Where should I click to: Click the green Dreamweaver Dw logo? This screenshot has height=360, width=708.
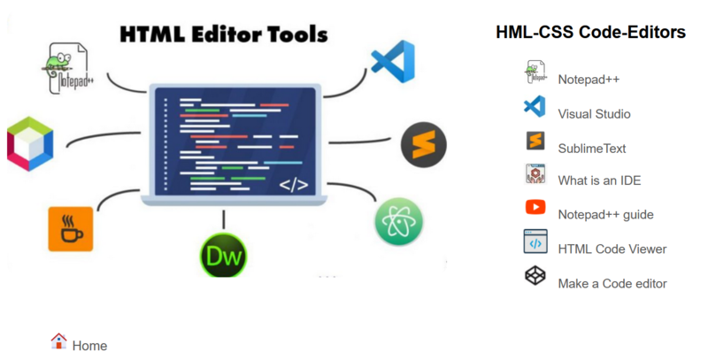[224, 256]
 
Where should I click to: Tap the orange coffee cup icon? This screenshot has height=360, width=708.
[71, 229]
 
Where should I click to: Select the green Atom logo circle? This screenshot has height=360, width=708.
[399, 221]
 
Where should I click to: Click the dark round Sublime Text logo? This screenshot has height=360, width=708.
[424, 144]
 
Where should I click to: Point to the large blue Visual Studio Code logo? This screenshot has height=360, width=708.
[393, 61]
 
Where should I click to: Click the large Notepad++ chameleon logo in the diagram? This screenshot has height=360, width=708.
[69, 68]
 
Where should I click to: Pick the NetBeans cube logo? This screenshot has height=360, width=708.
[30, 144]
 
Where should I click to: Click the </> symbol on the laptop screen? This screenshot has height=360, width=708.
[294, 185]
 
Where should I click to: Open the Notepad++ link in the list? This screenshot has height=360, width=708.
[589, 80]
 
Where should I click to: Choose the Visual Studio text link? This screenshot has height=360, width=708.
[594, 114]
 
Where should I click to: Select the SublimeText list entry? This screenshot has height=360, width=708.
[592, 149]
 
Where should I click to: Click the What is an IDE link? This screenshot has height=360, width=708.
[599, 180]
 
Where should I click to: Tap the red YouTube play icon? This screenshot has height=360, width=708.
[535, 207]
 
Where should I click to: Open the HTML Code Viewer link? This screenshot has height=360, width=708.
[612, 249]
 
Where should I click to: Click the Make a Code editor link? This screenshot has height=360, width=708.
[612, 283]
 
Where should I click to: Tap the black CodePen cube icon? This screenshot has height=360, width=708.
[535, 276]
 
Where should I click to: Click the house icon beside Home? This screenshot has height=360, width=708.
[58, 341]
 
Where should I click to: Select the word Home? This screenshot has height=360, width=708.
[90, 346]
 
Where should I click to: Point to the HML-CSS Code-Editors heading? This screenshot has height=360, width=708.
[590, 32]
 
